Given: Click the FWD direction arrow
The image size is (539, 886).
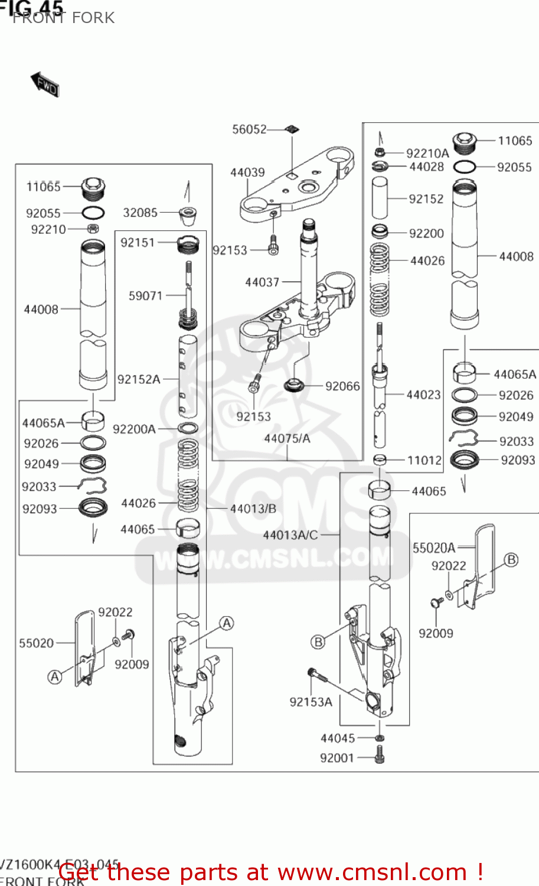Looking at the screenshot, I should (45, 84).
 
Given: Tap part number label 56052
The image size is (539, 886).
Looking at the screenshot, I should (249, 129).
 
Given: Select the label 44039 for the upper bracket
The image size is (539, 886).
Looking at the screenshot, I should (247, 172).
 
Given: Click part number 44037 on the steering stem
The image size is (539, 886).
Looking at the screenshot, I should (262, 282).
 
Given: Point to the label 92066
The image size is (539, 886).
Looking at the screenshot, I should (342, 386).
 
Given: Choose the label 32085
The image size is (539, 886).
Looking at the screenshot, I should (141, 213).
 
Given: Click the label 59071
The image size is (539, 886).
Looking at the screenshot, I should (145, 295).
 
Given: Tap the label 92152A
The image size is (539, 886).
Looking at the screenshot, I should (139, 379).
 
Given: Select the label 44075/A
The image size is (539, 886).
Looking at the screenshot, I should (287, 438).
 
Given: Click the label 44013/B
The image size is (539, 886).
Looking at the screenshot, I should (253, 509).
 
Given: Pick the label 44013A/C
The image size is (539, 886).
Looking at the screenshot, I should (290, 535).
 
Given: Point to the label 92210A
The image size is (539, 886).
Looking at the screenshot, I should (427, 154).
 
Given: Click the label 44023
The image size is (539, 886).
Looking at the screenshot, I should (423, 395).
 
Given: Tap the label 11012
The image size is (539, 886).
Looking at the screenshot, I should (424, 460).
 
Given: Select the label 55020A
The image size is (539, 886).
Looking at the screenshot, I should (434, 548).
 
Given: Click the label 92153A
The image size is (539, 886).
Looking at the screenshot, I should (311, 702).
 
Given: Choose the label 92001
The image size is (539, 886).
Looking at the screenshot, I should (337, 758).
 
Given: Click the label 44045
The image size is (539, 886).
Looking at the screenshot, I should (338, 738).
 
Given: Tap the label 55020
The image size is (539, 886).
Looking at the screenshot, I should (37, 643).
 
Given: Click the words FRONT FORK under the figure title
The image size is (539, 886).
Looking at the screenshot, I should (64, 18).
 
